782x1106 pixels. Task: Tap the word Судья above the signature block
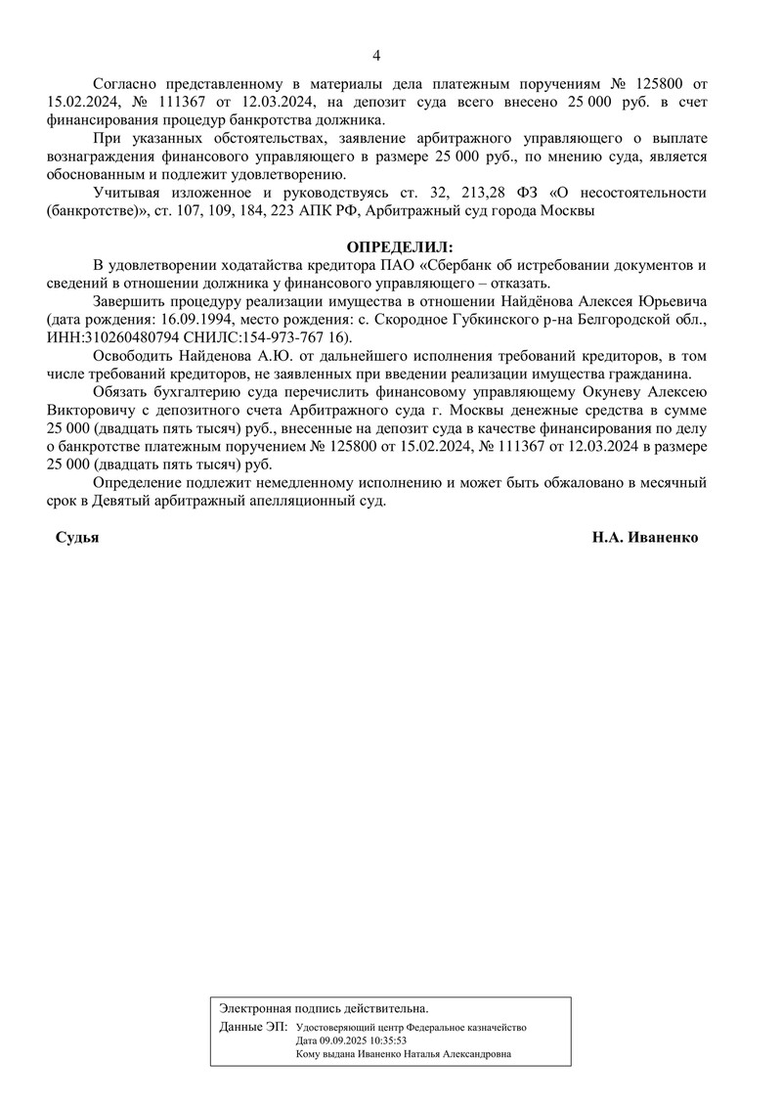coord(77,538)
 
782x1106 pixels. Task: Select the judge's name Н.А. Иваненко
coord(644,538)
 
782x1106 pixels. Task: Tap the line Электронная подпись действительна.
coord(324,1007)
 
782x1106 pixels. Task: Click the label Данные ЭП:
coord(253,1027)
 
